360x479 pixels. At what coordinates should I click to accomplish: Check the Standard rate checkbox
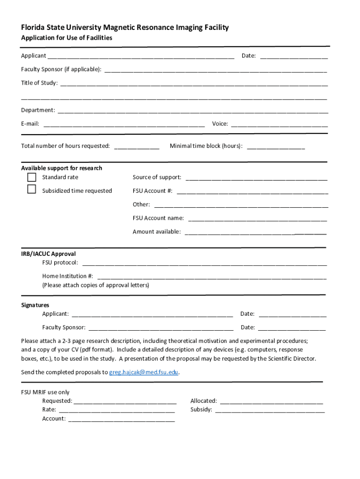tap(31, 177)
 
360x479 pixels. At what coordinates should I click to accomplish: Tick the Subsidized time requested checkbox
tap(31, 189)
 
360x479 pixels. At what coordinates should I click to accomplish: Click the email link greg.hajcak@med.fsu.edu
tap(144, 372)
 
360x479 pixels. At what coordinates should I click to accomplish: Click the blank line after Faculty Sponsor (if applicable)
tap(215, 71)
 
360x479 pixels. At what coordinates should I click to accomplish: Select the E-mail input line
tap(124, 125)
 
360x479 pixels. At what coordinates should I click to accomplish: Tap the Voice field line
tap(279, 125)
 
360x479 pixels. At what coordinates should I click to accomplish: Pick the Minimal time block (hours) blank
tap(275, 147)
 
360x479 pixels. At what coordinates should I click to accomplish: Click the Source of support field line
tap(256, 178)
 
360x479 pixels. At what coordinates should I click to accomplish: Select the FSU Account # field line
tap(252, 192)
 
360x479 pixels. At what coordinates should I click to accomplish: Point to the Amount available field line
tap(255, 232)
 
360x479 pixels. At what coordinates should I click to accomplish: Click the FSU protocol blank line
tap(204, 264)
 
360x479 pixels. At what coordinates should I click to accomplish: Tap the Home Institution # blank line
tap(211, 277)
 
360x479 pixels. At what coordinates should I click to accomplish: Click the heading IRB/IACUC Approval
tap(48, 254)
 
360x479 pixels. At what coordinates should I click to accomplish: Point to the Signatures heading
tap(35, 305)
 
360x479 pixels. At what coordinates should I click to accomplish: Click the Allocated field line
tap(271, 402)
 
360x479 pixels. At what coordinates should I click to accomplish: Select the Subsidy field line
tap(269, 411)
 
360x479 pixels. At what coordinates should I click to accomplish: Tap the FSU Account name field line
tap(257, 219)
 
